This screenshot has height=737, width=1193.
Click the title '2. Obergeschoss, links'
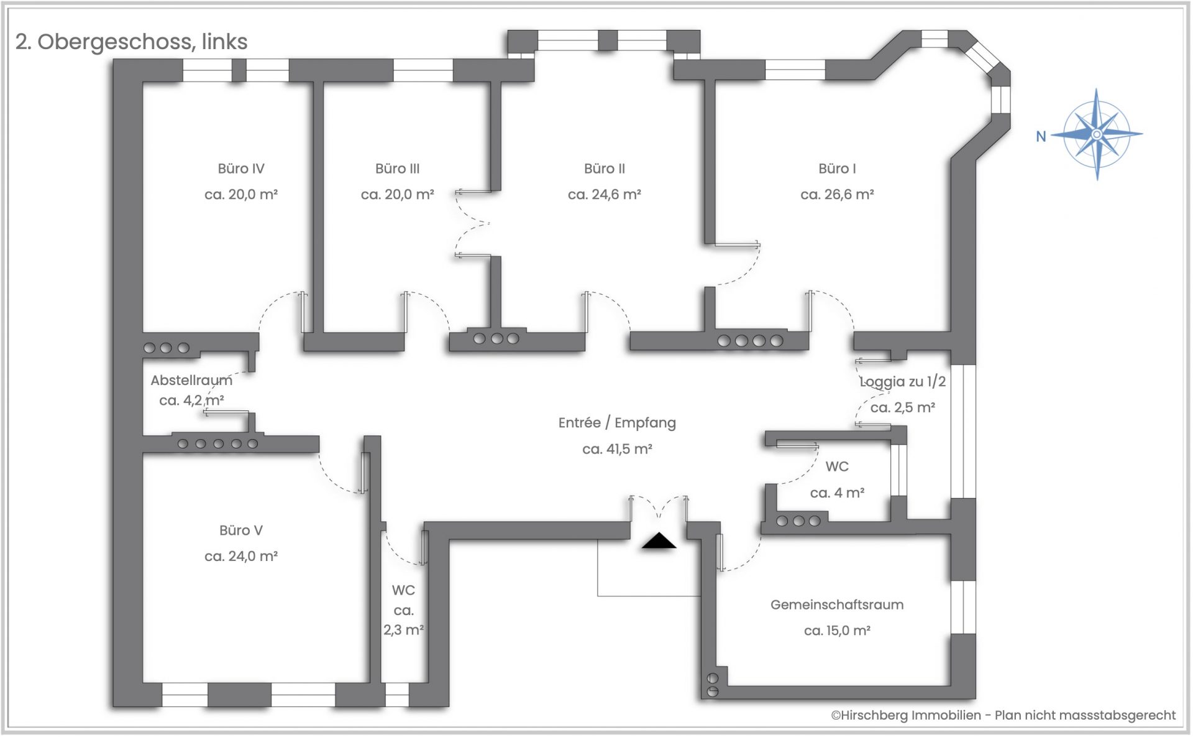tap(132, 42)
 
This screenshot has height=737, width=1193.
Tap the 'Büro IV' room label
tap(241, 169)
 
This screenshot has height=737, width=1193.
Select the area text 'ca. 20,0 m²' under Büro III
tap(398, 195)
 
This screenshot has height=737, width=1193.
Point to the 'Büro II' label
tap(605, 169)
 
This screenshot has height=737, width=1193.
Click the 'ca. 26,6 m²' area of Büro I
tap(838, 195)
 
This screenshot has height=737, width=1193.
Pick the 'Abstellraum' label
tap(191, 380)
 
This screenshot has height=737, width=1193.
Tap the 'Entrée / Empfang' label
tap(617, 423)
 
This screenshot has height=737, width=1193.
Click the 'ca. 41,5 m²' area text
tap(617, 449)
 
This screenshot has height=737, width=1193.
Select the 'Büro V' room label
tap(241, 531)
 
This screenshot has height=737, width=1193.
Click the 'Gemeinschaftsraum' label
tap(837, 605)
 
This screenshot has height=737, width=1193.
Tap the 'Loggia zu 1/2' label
tap(903, 382)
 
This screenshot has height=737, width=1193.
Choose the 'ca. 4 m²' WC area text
tap(837, 493)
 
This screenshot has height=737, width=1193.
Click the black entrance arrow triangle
tap(659, 540)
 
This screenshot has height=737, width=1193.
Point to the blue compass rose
tap(1097, 134)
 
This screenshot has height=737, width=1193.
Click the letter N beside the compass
tap(1041, 136)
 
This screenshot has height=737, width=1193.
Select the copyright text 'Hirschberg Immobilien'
tap(911, 715)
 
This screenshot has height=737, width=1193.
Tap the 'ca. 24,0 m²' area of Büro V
tap(241, 557)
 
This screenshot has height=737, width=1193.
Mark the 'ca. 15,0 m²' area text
tap(837, 631)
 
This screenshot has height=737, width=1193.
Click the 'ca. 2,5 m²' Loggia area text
tap(903, 408)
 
